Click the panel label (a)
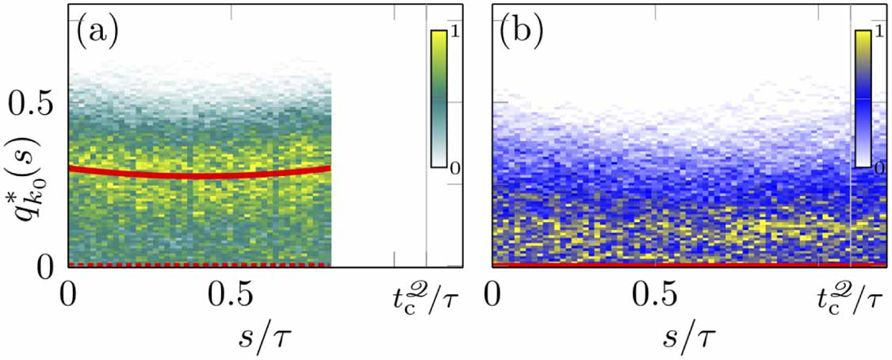click(97, 33)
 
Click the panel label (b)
click(522, 33)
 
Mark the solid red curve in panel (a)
click(198, 174)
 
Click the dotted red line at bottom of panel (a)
click(198, 264)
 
